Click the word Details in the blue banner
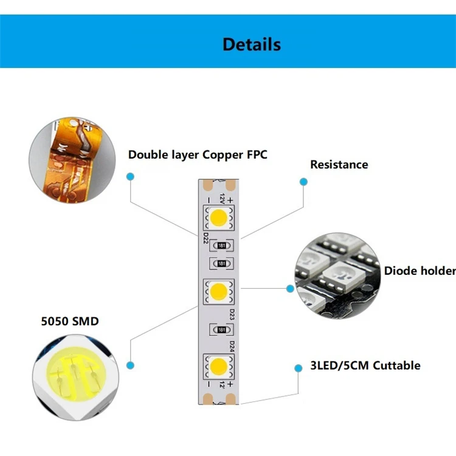click(252, 44)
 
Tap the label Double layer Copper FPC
click(198, 154)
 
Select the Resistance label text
click(339, 164)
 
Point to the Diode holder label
click(420, 271)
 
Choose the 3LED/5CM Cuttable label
click(365, 365)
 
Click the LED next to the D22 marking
click(219, 216)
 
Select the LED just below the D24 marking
click(219, 365)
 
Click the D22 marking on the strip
click(206, 238)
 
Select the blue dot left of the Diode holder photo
click(290, 288)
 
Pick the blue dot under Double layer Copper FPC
click(130, 176)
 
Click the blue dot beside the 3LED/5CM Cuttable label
click(298, 368)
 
